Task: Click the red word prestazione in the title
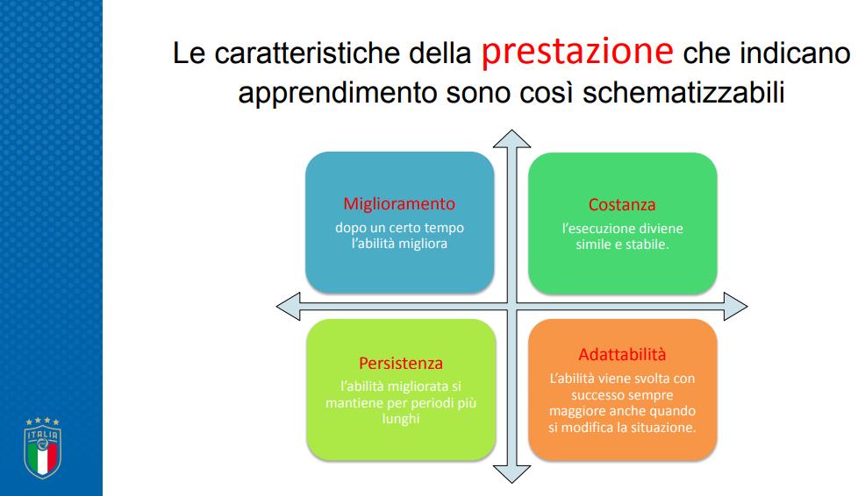pyautogui.click(x=577, y=53)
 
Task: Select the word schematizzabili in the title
pyautogui.click(x=683, y=92)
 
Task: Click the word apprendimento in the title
pyautogui.click(x=338, y=93)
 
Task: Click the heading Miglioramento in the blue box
pyautogui.click(x=399, y=204)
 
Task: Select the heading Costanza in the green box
pyautogui.click(x=622, y=204)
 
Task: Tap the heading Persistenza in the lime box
pyautogui.click(x=401, y=363)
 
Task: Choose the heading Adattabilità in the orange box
pyautogui.click(x=622, y=354)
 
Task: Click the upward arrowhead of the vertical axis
pyautogui.click(x=512, y=138)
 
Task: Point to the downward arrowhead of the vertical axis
pyautogui.click(x=512, y=474)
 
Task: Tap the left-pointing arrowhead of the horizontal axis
pyautogui.click(x=288, y=307)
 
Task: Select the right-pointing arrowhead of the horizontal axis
pyautogui.click(x=735, y=307)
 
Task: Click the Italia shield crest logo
pyautogui.click(x=42, y=448)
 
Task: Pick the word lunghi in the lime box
pyautogui.click(x=401, y=419)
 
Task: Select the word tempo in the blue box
pyautogui.click(x=444, y=228)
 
